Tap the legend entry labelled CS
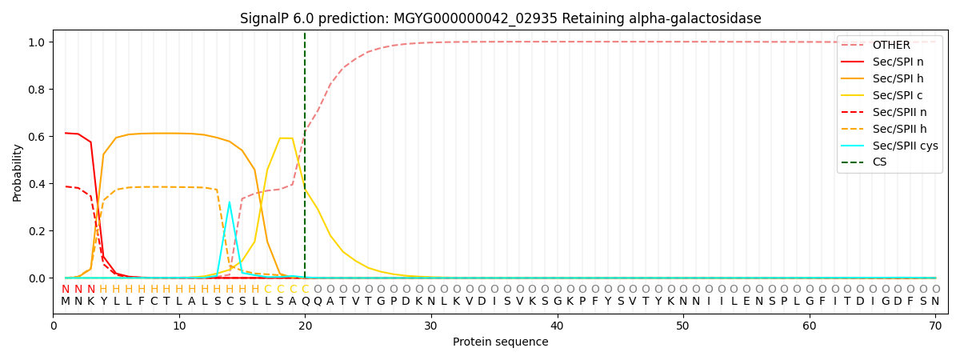coord(879,162)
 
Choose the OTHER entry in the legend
coord(890,45)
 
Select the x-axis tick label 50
coord(682,326)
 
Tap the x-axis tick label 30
coord(430,326)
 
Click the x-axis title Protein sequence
coord(501,342)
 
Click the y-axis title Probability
coord(18,172)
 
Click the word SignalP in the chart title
coord(266,18)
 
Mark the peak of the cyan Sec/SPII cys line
coord(229,202)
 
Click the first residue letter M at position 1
coord(66,302)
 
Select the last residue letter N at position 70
coord(935,302)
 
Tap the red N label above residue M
coord(66,289)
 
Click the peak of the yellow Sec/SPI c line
coord(286,138)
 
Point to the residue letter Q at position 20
coord(305,302)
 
